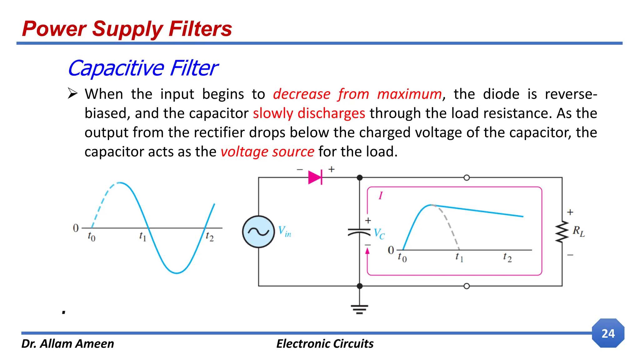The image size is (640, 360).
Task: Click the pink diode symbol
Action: point(315,177)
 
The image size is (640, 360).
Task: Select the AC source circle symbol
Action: point(258,232)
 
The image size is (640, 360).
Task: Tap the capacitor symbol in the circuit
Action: point(359,232)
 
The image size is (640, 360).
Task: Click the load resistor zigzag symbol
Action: point(562,232)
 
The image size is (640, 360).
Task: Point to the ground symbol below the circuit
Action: point(359,309)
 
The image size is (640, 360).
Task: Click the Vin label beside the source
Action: point(284,232)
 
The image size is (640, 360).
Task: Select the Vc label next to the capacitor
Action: point(379,233)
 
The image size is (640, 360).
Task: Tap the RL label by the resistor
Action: point(578,232)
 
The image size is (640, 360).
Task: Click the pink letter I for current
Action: point(380,196)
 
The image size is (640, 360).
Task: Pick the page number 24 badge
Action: point(608,333)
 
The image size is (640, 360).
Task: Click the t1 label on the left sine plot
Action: point(142,236)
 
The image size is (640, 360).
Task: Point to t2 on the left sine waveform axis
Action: point(210,237)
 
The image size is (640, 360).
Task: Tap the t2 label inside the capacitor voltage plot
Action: point(507,257)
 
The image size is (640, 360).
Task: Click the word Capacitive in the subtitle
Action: point(116,68)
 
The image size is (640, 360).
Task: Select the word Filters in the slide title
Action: point(200,29)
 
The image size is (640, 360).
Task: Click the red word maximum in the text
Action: point(409,94)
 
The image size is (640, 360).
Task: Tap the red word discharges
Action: point(331,113)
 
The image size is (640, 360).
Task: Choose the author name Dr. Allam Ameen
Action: point(68,343)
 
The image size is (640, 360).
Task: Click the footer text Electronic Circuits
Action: point(325,343)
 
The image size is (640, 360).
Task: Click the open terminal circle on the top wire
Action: point(467,177)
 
